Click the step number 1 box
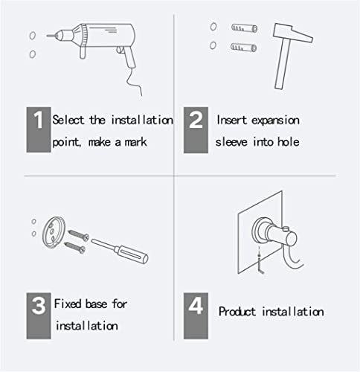pos(39,129)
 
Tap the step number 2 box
pos(196,130)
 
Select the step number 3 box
pos(39,315)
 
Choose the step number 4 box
pos(196,315)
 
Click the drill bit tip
pos(47,36)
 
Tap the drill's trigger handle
pos(129,57)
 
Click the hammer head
pos(292,33)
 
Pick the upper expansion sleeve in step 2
pos(244,28)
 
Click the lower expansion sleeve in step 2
pos(243,47)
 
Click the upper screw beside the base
pos(78,235)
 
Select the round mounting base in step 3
pos(54,232)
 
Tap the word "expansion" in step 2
pos(275,121)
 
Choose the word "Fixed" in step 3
pos(68,304)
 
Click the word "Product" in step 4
pos(237,312)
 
